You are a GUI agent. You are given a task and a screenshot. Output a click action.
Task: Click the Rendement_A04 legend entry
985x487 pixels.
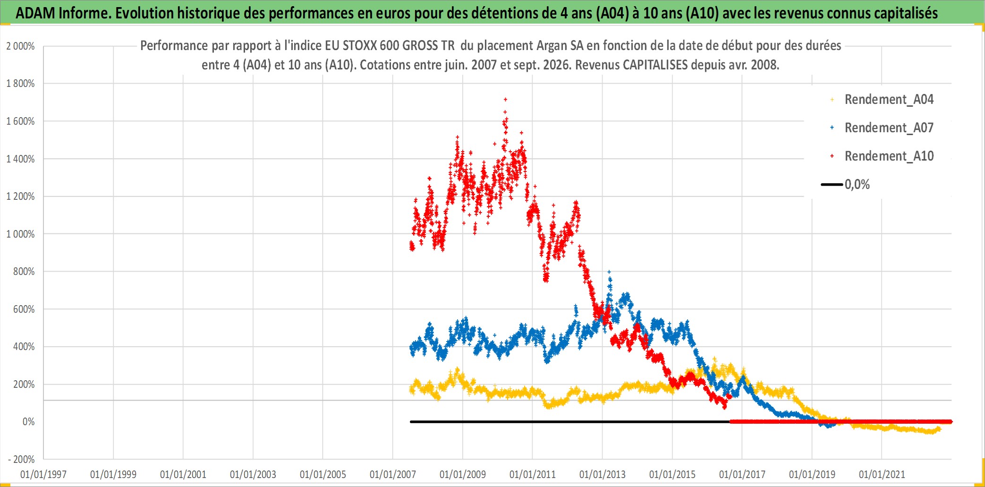click(x=882, y=99)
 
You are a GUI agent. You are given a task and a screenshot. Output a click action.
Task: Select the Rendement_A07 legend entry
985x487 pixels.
click(x=882, y=128)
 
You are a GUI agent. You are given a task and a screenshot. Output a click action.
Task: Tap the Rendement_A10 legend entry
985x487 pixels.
click(x=882, y=156)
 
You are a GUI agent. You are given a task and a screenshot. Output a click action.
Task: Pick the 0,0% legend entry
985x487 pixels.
click(x=846, y=184)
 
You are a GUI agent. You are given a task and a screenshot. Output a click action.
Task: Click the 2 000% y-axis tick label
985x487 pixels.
click(x=20, y=46)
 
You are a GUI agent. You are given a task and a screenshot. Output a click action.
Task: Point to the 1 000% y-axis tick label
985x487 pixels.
click(x=20, y=234)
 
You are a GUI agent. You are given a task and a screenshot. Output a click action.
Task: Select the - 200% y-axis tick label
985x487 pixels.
click(x=21, y=459)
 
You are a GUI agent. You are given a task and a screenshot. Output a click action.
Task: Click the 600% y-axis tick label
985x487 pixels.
click(x=24, y=309)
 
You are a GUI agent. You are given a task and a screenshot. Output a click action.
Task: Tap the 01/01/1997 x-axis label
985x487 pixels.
click(x=43, y=474)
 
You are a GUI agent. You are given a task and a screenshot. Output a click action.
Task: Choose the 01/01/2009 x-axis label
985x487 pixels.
click(x=463, y=474)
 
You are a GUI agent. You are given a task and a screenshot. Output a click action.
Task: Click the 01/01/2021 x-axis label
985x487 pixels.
click(x=882, y=474)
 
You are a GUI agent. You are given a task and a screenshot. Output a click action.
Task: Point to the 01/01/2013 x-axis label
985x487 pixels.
click(x=603, y=474)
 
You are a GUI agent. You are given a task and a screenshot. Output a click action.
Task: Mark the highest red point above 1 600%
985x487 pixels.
click(x=506, y=99)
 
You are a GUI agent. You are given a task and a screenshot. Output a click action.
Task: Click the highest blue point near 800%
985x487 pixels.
click(x=609, y=272)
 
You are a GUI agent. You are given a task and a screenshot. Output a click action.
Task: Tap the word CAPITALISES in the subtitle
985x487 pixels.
click(x=656, y=64)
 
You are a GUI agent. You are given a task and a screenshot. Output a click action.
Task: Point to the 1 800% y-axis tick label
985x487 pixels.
click(x=20, y=84)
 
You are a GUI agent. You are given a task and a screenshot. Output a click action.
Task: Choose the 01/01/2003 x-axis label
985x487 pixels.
click(x=253, y=474)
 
